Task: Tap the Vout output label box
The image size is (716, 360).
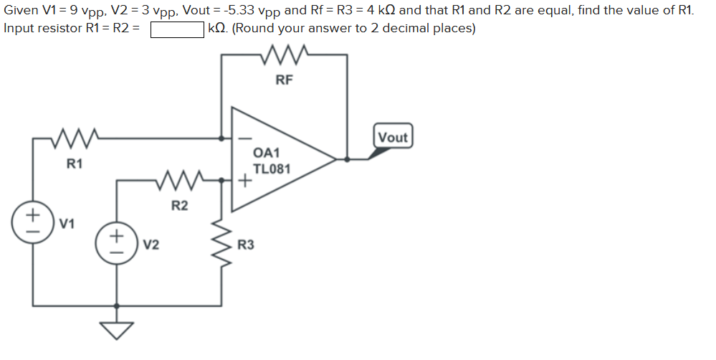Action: pos(392,137)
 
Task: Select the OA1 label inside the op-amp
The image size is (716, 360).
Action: pos(267,153)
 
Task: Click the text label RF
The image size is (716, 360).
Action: pos(284,80)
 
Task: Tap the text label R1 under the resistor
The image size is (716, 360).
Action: pos(75,164)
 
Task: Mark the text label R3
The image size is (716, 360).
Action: pos(245,245)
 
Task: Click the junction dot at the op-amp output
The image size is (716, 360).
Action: pos(348,160)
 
